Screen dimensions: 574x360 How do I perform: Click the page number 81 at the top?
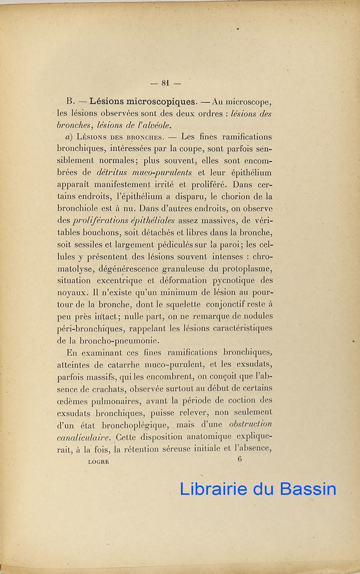(166, 83)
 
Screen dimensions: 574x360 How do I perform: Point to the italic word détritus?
(113, 172)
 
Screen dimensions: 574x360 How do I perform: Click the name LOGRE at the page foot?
(99, 462)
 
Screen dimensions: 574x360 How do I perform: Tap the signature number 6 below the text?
(240, 459)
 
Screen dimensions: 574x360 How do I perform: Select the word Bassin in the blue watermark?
(307, 488)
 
